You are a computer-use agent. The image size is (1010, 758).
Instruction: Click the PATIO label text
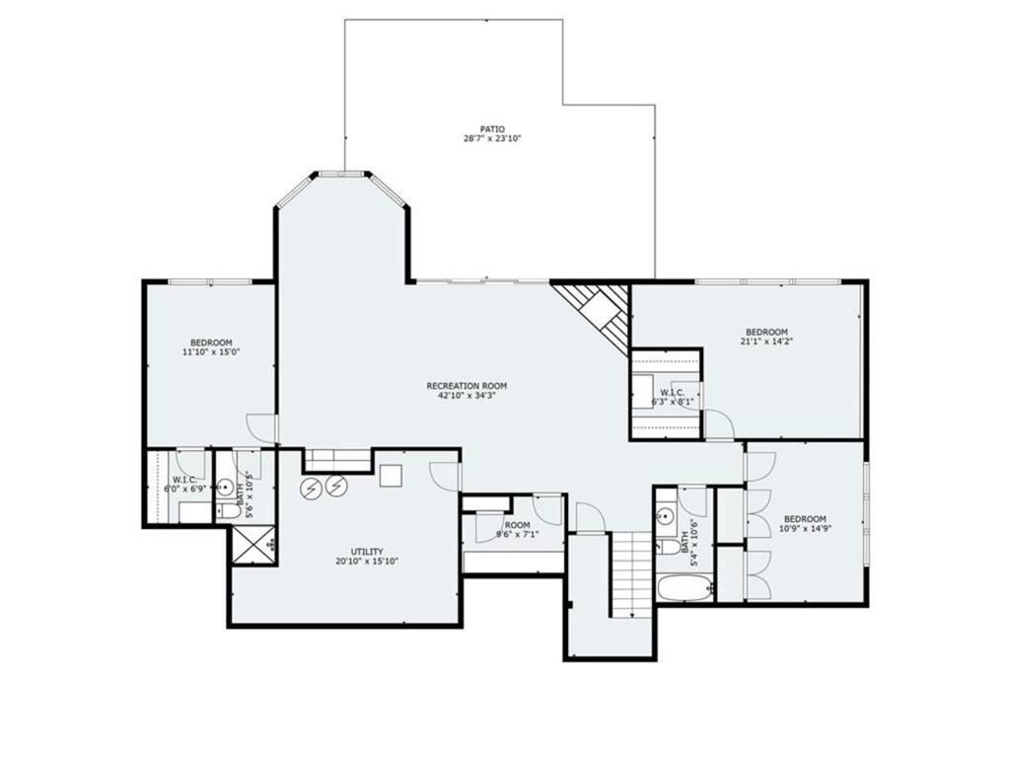point(492,128)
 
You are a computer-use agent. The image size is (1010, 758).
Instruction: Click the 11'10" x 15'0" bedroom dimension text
point(211,352)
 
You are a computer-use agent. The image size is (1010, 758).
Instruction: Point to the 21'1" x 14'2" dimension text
point(766,341)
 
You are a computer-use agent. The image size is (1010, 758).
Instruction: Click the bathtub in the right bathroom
point(685,590)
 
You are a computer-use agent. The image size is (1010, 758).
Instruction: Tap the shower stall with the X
point(252,544)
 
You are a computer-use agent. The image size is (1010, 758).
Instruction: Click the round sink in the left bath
point(225,487)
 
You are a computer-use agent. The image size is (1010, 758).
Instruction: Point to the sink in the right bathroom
point(665,516)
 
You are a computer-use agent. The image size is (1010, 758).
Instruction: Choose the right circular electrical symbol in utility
point(336,487)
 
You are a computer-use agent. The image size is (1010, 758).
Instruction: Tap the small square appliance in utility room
point(392,475)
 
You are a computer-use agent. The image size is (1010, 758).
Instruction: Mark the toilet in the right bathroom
point(670,544)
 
